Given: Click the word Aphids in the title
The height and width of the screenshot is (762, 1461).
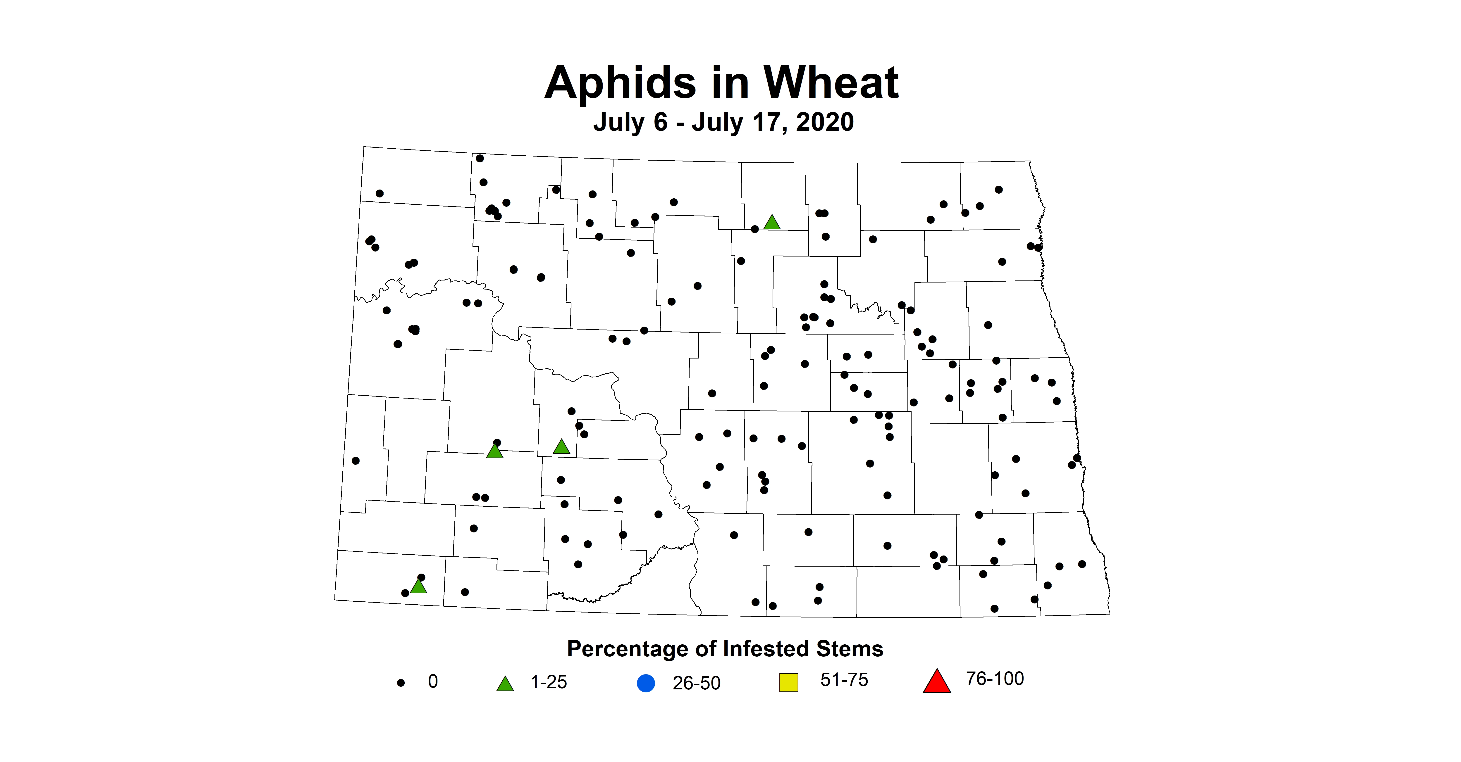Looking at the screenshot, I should coord(620,83).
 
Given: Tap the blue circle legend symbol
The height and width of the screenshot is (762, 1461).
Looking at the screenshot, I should coord(646,683).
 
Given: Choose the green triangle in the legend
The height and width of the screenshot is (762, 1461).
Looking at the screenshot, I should coord(505,684).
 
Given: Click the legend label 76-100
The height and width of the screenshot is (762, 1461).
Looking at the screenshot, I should coord(995,679).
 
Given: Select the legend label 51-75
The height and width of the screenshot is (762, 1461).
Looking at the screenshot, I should coord(844,680).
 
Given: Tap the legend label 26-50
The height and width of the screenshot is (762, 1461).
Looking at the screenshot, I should coord(697,683).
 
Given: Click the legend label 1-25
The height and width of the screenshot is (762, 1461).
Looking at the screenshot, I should coord(549,682).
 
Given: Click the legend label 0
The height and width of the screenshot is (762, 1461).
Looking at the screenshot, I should coord(433,681).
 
